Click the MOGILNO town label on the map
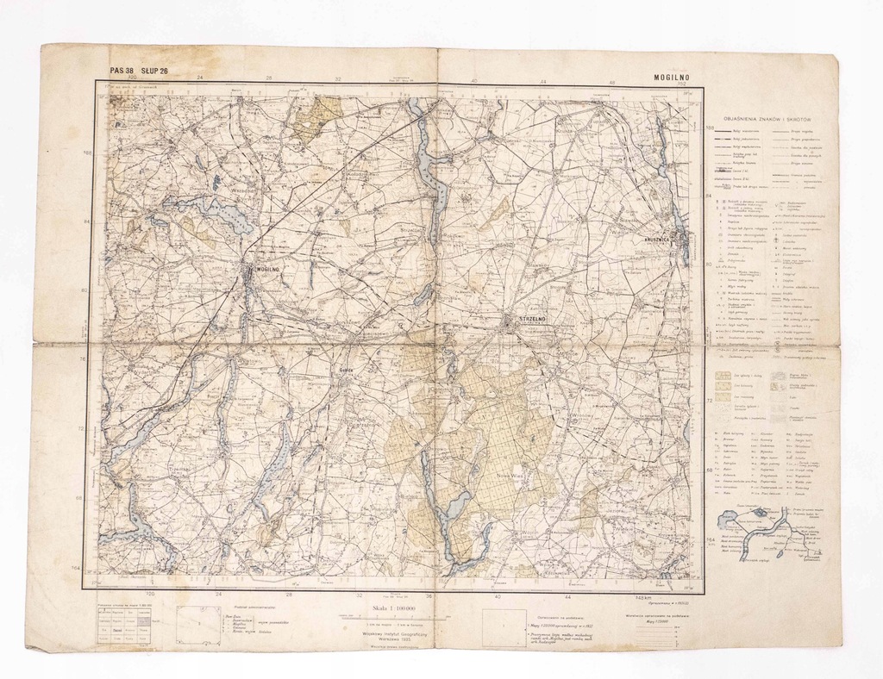click(x=265, y=269)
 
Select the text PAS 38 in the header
click(x=122, y=72)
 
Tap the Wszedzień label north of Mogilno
click(x=222, y=191)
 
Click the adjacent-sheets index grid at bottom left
click(x=124, y=626)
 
